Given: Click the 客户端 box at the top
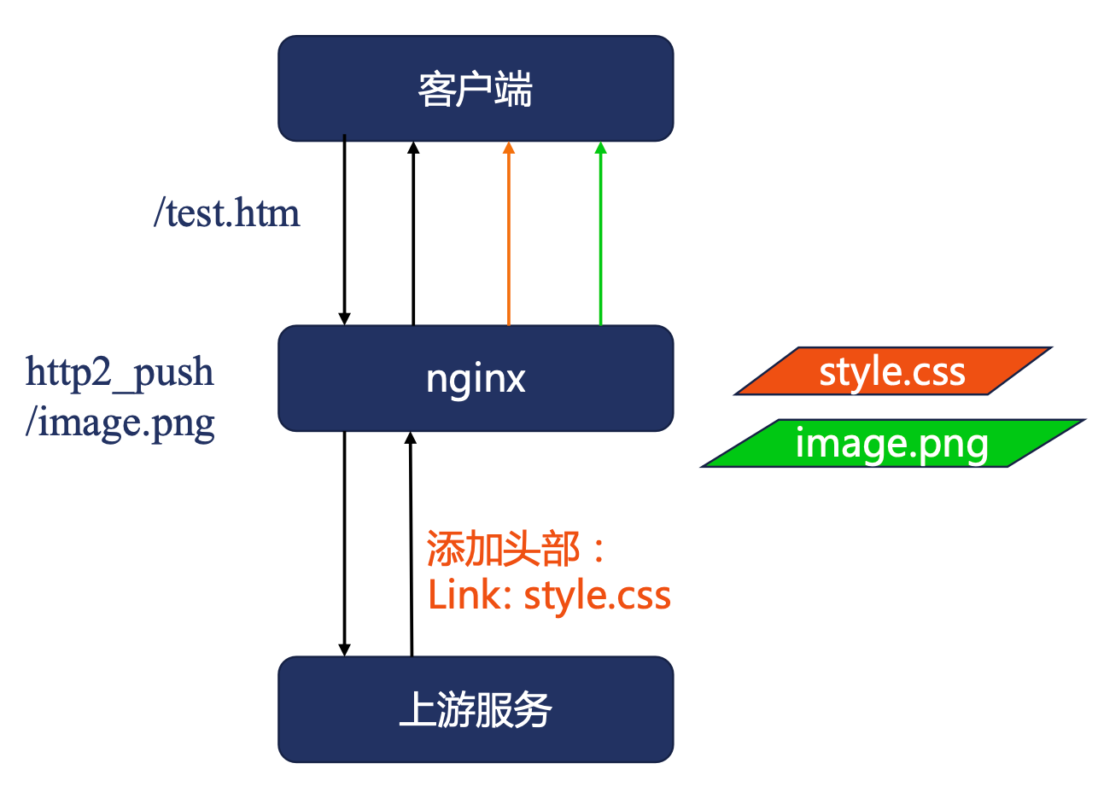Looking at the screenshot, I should point(476,89).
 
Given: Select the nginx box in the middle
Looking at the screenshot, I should point(476,378).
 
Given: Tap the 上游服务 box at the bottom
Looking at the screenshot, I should point(476,709).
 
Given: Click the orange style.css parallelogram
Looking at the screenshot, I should point(892,371).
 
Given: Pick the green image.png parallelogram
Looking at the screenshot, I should point(892,444).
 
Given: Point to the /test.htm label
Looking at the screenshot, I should point(227,213).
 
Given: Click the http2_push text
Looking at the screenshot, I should point(120,372).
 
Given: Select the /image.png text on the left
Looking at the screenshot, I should point(120,422).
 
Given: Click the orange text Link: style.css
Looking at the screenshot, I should point(549,595).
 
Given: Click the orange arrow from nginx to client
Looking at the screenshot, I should point(509,239).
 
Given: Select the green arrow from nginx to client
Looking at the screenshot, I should point(600,239).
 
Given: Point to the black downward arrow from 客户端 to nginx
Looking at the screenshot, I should point(345,230).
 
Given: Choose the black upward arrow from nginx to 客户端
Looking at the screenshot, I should point(413,239).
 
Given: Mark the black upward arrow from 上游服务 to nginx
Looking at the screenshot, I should point(411,546).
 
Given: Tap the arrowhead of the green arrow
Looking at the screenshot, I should point(600,148).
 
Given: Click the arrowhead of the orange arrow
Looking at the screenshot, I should point(509,148).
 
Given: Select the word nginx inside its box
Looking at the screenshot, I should point(476,378).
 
